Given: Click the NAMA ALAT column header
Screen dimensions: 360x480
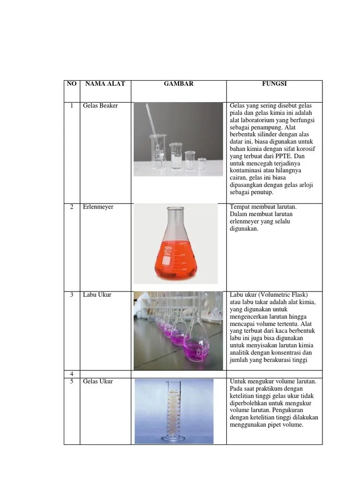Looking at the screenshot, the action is tap(105, 83).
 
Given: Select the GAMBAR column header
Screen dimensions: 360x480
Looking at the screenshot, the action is tap(179, 83).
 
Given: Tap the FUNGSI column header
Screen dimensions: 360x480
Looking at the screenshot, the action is tap(274, 83).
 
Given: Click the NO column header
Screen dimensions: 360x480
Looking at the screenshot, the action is tap(72, 83).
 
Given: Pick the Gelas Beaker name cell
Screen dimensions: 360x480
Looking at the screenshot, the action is tap(100, 105).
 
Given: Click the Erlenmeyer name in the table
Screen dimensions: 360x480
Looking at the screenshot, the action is tap(98, 207).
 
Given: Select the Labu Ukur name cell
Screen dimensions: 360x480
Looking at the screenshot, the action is tap(97, 295).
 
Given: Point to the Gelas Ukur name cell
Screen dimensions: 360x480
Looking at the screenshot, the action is tap(98, 382).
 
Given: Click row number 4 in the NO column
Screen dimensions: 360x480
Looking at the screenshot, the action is tap(72, 374).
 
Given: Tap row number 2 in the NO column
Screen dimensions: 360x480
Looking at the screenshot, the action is tap(72, 207).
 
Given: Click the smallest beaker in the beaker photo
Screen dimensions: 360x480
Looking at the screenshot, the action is tap(202, 165).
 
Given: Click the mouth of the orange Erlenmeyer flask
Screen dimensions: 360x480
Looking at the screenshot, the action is tap(175, 209).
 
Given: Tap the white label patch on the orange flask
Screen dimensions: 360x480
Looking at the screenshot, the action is tap(166, 261).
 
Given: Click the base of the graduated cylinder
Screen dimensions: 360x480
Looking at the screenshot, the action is tap(173, 439).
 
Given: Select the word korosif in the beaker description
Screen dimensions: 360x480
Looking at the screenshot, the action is tap(305, 149).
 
